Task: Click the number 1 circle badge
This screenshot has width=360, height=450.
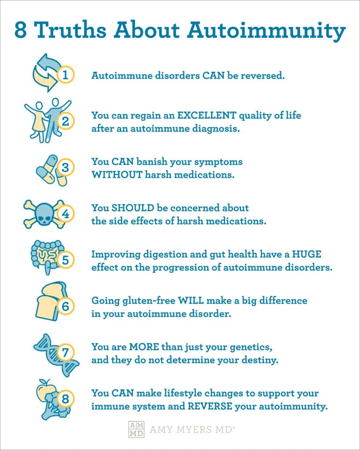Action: coord(65,75)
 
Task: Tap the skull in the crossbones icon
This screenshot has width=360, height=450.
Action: coord(44,214)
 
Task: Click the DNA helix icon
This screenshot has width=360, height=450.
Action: coord(56,355)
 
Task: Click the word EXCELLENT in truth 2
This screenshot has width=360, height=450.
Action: coord(207,116)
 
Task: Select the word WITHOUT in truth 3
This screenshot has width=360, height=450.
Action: coord(117,174)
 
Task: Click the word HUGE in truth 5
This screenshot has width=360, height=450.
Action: coord(307,254)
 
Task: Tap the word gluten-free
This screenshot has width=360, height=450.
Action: coord(149,301)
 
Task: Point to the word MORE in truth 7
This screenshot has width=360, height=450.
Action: coord(144,347)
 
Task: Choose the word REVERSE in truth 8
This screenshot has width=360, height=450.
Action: coord(210,406)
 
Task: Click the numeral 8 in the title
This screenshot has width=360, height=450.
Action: coord(21,29)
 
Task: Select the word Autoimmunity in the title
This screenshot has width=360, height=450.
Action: coord(266,30)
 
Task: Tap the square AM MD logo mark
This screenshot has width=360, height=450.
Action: coord(136,429)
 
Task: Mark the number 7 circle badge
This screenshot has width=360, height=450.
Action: coord(65,352)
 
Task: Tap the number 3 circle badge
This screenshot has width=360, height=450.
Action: coord(65,167)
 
